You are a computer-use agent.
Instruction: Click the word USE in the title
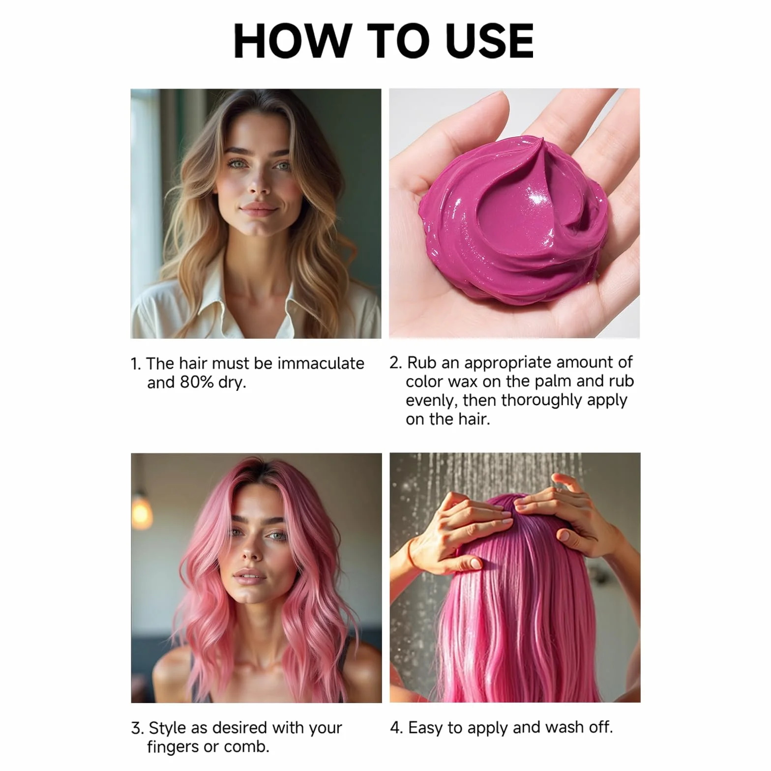[489, 41]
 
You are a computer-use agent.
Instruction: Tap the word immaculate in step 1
[321, 363]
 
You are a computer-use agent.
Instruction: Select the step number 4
[396, 728]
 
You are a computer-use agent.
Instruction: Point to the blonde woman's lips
[259, 209]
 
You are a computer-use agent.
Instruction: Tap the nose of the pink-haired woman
[251, 553]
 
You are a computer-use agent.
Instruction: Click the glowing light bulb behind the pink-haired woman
[142, 513]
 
